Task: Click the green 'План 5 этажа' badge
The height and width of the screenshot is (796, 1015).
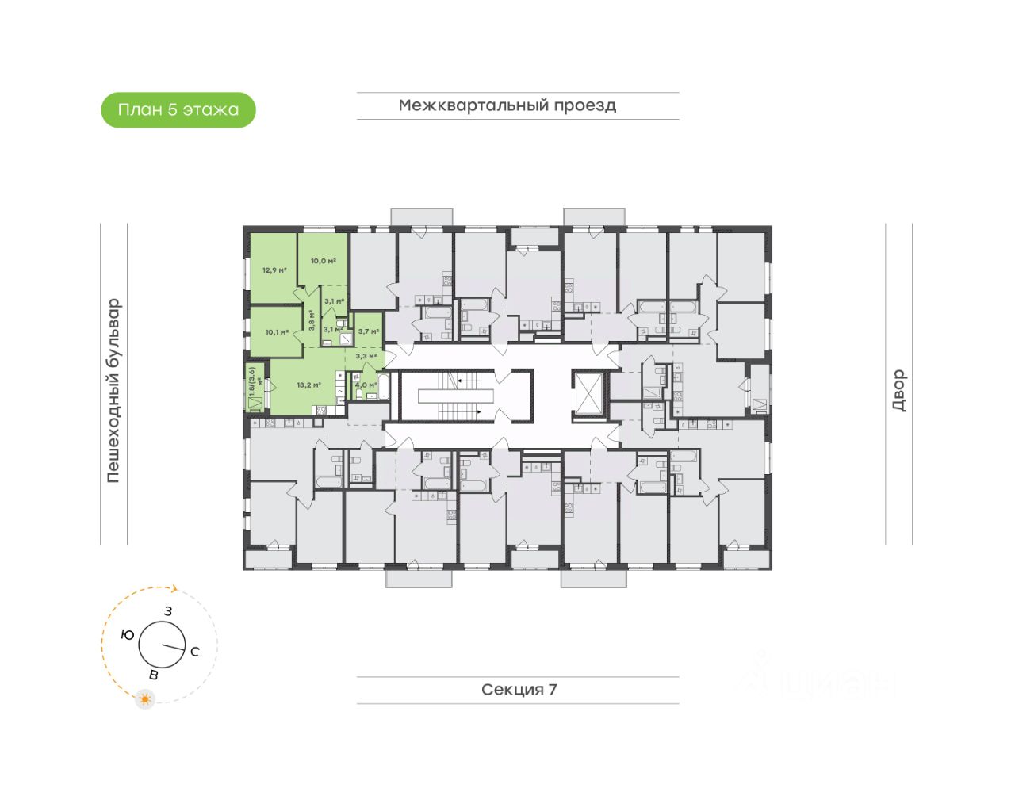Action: click(178, 110)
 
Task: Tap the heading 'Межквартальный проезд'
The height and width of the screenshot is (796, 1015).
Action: click(507, 105)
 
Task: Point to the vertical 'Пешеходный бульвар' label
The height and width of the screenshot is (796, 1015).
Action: click(114, 391)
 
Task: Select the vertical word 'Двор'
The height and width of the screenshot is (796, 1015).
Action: click(898, 390)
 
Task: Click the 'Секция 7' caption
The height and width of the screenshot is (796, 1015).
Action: click(519, 690)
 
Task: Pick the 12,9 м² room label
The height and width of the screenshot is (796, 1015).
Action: click(274, 270)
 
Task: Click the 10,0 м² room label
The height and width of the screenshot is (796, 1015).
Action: click(323, 261)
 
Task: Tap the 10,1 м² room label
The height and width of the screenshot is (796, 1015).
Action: click(277, 332)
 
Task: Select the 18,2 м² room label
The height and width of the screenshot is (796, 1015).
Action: click(308, 385)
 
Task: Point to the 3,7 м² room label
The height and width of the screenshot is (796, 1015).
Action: click(368, 332)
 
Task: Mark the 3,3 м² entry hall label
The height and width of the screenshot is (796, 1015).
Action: click(366, 356)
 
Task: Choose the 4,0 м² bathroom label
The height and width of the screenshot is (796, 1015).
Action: click(365, 385)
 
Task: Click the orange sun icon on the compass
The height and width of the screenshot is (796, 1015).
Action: click(145, 699)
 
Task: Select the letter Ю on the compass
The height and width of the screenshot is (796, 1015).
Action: click(128, 635)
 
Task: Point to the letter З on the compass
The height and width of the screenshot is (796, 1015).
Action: click(168, 611)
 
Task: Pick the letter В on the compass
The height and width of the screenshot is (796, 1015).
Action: click(154, 675)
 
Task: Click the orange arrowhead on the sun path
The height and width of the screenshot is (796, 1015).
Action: click(175, 589)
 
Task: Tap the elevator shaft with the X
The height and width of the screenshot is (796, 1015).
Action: click(589, 392)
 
